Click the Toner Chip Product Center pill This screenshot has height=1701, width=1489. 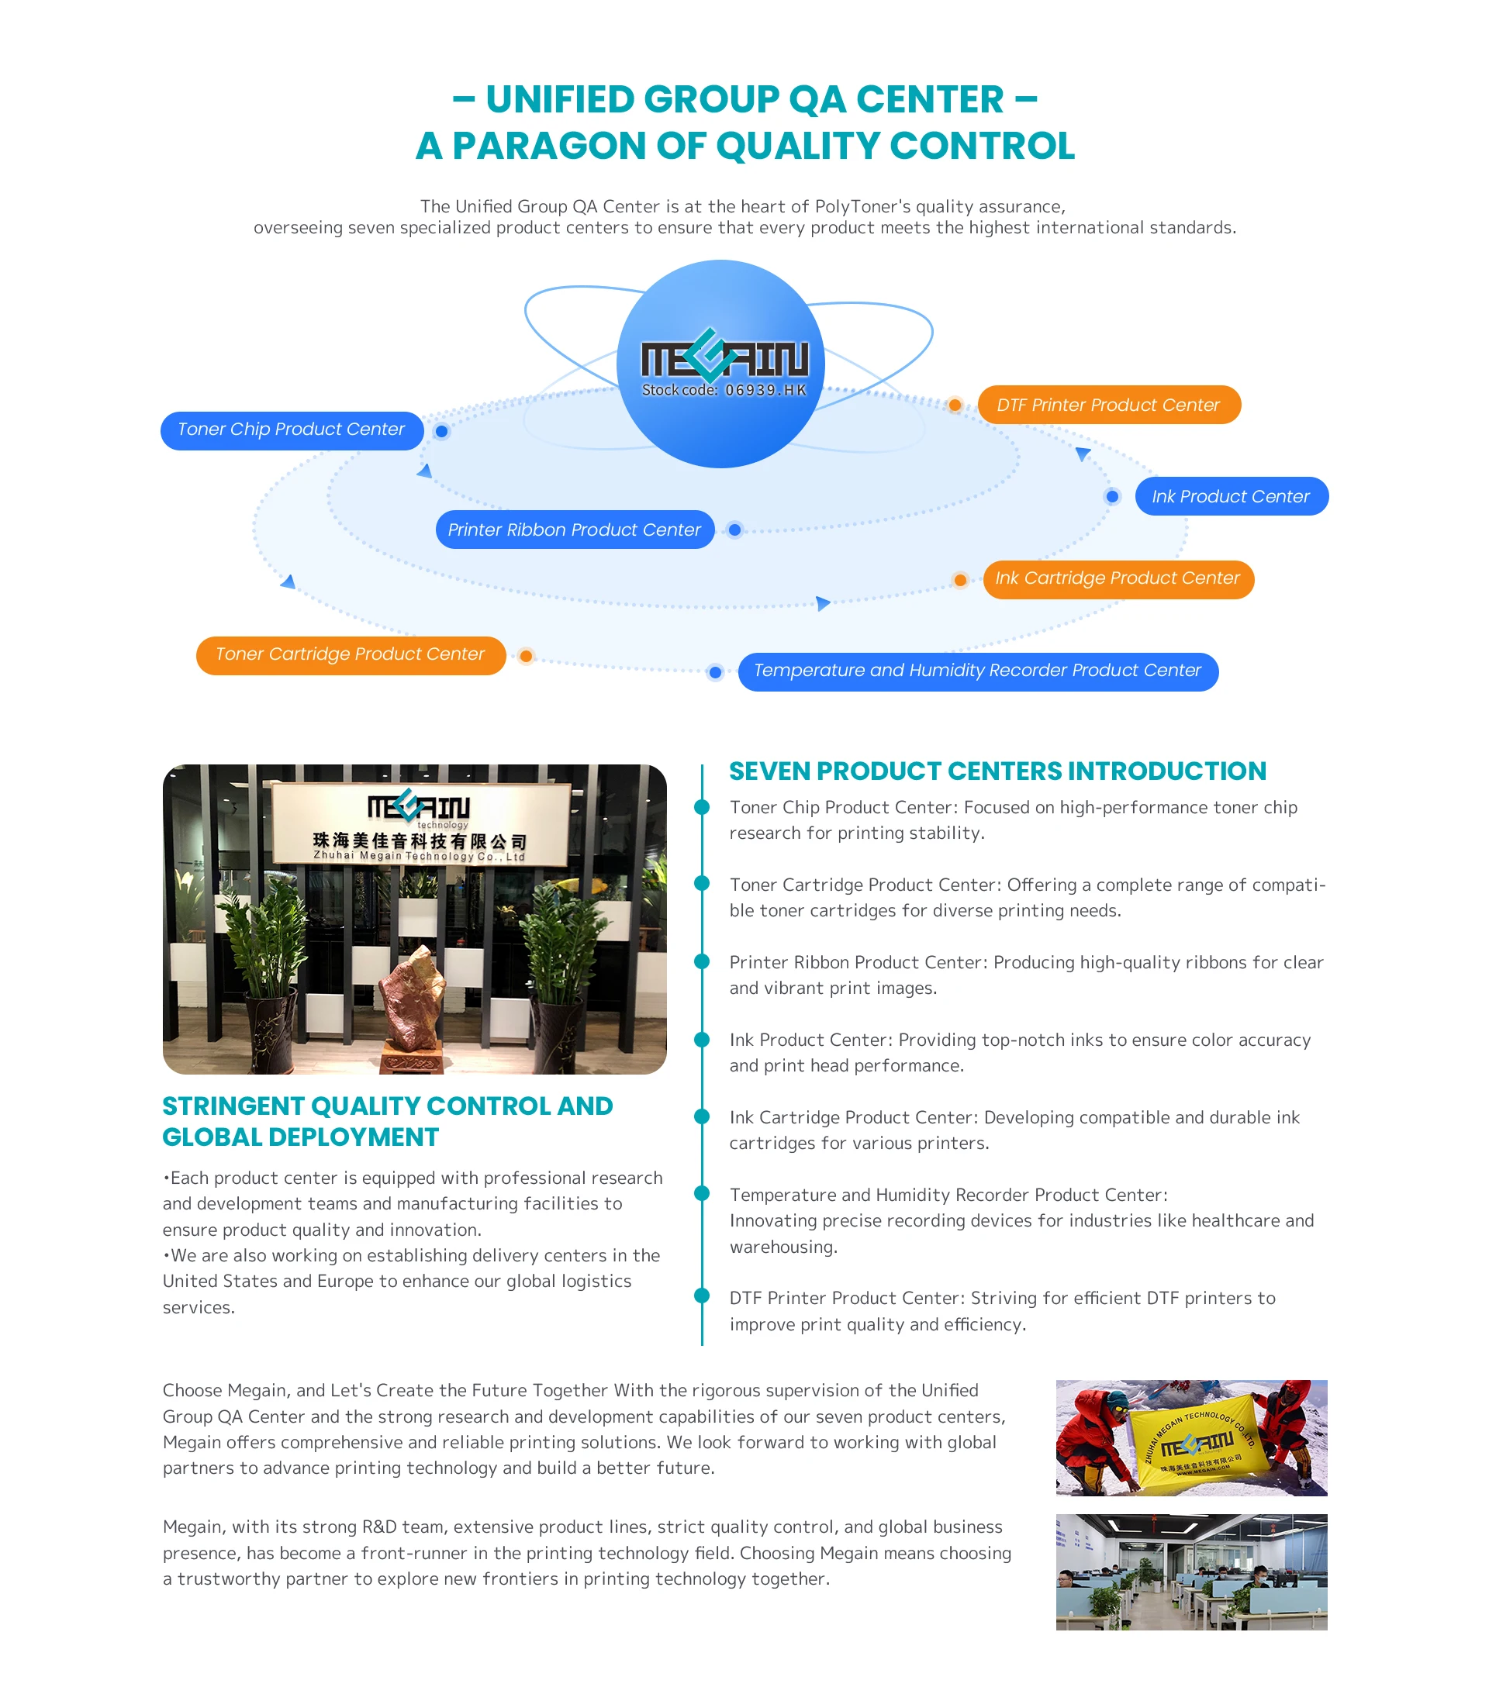[292, 430]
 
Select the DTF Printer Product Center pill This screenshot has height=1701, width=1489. [1107, 405]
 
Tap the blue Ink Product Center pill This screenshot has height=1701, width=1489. [1231, 497]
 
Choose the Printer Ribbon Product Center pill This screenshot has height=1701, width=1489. [574, 530]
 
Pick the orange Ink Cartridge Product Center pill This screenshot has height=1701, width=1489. [1118, 579]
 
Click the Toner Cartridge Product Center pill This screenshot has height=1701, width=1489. [350, 655]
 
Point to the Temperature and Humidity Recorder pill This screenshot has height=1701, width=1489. [977, 671]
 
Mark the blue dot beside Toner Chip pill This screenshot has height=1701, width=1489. [442, 431]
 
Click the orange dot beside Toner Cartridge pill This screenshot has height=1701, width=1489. [526, 656]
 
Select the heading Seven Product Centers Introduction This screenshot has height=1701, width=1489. [997, 771]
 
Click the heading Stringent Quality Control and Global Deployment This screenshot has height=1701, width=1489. [387, 1121]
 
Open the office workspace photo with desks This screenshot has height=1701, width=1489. [1190, 1572]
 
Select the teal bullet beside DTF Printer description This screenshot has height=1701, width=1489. [702, 1296]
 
